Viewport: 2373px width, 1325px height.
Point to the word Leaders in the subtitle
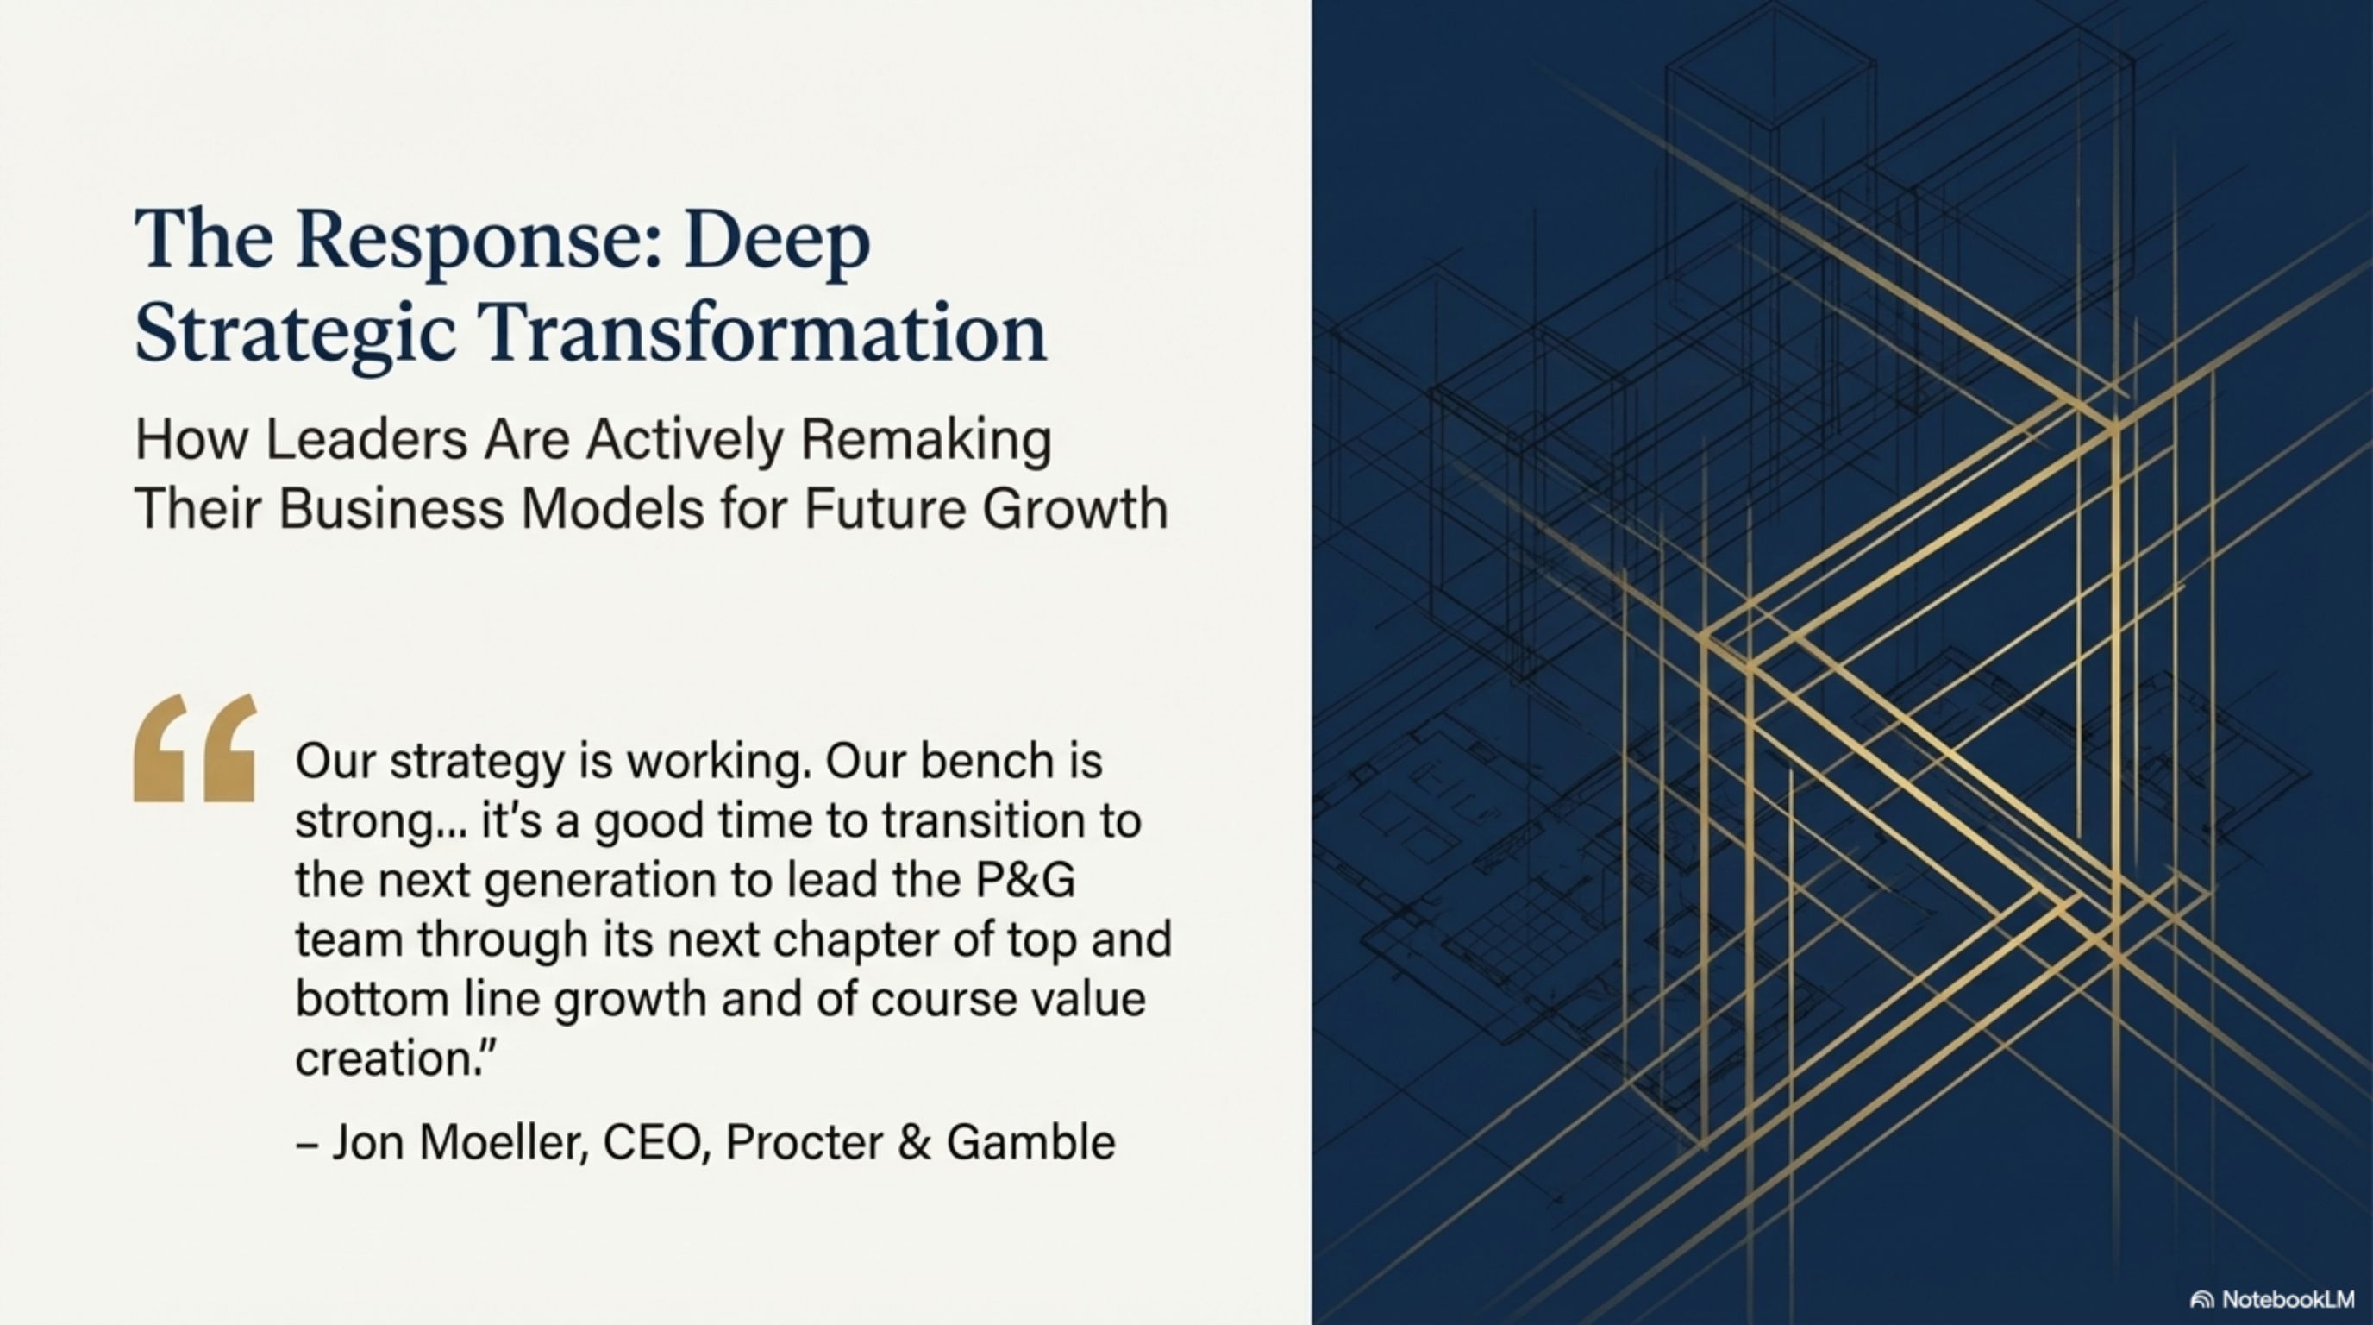click(x=366, y=440)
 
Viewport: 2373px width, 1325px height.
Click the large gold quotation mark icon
click(x=195, y=747)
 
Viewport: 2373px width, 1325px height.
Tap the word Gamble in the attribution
click(x=1030, y=1143)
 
